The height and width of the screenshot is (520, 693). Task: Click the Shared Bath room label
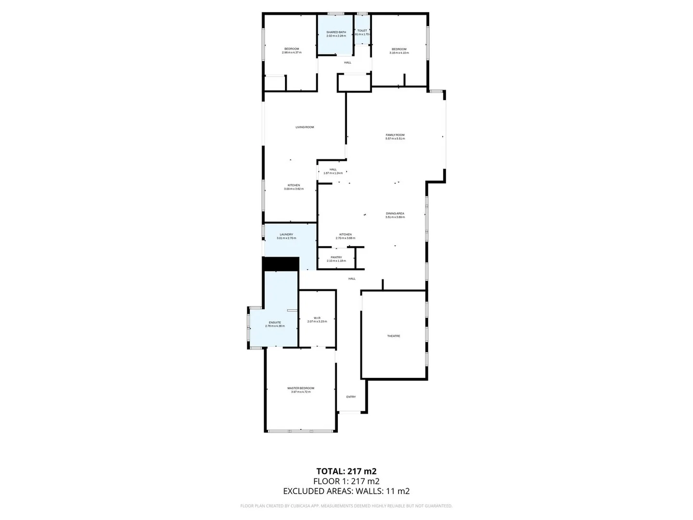[336, 32]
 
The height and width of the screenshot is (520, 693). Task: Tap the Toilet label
[362, 31]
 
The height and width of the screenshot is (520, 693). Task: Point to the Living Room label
[305, 127]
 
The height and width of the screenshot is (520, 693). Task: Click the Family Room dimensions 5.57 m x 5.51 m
[395, 139]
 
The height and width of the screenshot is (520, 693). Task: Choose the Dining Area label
[395, 213]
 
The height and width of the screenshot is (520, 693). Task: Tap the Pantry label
[336, 258]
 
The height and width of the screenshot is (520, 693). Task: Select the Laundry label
[286, 234]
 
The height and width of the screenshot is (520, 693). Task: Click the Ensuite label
[275, 323]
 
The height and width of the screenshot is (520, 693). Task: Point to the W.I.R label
[317, 318]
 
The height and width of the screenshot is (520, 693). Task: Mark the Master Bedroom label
[301, 388]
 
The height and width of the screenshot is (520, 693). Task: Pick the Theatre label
[394, 336]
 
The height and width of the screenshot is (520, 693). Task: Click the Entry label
[351, 397]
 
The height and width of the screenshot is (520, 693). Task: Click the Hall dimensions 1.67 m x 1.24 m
[333, 173]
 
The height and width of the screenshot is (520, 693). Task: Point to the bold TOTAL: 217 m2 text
[346, 471]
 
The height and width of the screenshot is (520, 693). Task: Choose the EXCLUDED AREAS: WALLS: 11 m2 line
[346, 491]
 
